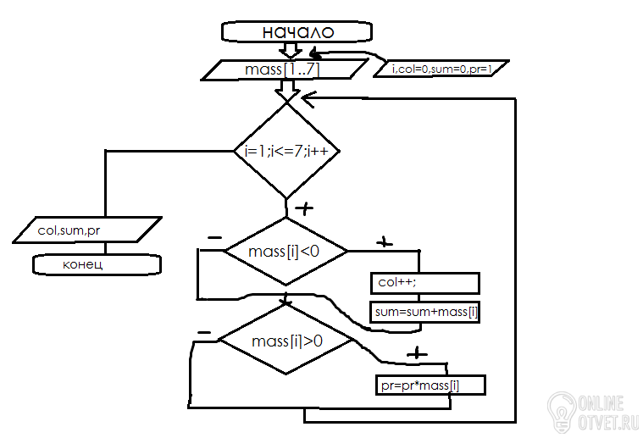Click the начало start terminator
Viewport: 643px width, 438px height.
click(x=297, y=31)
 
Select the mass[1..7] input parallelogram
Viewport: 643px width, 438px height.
click(x=284, y=69)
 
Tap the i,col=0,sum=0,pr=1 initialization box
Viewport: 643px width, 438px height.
click(x=441, y=69)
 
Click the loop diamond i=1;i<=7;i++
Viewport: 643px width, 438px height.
click(x=286, y=151)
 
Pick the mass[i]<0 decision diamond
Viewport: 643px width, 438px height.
click(x=285, y=251)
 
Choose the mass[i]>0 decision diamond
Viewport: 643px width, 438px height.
click(x=285, y=341)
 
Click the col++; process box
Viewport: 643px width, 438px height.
click(x=425, y=283)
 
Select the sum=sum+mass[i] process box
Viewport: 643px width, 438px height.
click(x=424, y=312)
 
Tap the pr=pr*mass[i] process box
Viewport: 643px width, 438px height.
click(x=430, y=385)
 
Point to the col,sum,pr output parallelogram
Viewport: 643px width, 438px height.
click(x=87, y=230)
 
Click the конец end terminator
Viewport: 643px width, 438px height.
click(x=97, y=264)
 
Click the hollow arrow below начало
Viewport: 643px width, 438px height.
click(x=291, y=50)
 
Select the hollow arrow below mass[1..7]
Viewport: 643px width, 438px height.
click(x=287, y=90)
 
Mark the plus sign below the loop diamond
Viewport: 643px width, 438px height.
click(x=304, y=208)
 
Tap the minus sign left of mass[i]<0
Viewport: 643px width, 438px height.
click(x=215, y=238)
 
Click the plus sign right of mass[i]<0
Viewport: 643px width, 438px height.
click(x=385, y=242)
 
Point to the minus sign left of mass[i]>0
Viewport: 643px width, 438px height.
click(x=204, y=333)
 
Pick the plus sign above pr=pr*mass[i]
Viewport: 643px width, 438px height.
click(x=417, y=353)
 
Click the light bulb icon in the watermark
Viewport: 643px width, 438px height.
click(x=562, y=412)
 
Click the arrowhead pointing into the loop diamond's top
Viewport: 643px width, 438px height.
click(x=308, y=98)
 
